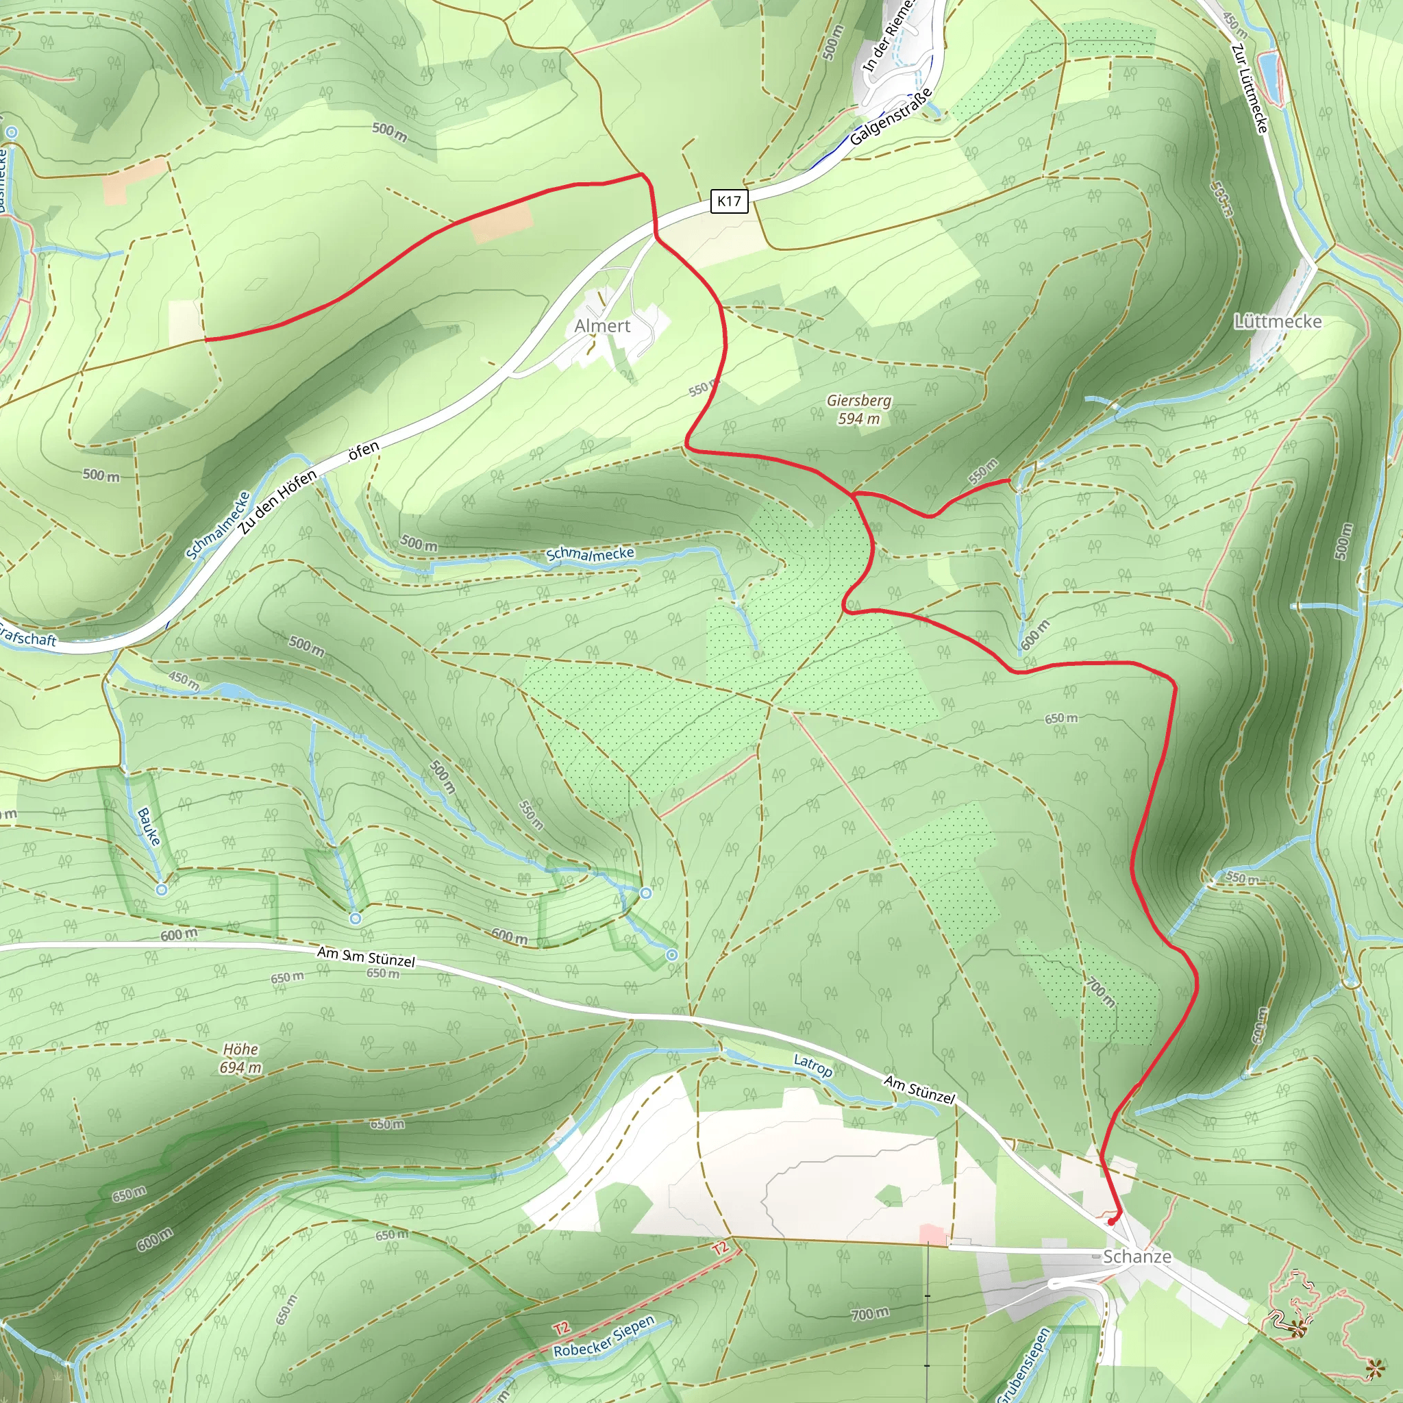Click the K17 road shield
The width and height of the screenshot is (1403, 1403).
tap(728, 201)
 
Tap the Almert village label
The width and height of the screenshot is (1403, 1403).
tap(602, 326)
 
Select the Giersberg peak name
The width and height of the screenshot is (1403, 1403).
tap(858, 400)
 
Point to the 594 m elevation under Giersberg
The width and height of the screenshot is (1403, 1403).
tap(858, 419)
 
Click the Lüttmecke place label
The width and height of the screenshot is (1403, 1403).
tap(1278, 322)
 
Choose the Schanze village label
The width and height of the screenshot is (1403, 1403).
tap(1137, 1256)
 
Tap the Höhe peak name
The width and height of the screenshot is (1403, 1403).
tap(240, 1050)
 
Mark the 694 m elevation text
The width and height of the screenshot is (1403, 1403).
tap(240, 1067)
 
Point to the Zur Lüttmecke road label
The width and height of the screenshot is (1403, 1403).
tap(1250, 88)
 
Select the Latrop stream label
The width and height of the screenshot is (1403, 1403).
tap(812, 1066)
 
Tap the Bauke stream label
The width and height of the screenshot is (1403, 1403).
tap(148, 826)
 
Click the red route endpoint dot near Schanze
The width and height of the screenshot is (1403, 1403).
tap(1111, 1221)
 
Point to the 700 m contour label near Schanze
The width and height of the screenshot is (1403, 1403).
tap(870, 1313)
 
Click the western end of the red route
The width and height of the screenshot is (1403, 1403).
tap(206, 339)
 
